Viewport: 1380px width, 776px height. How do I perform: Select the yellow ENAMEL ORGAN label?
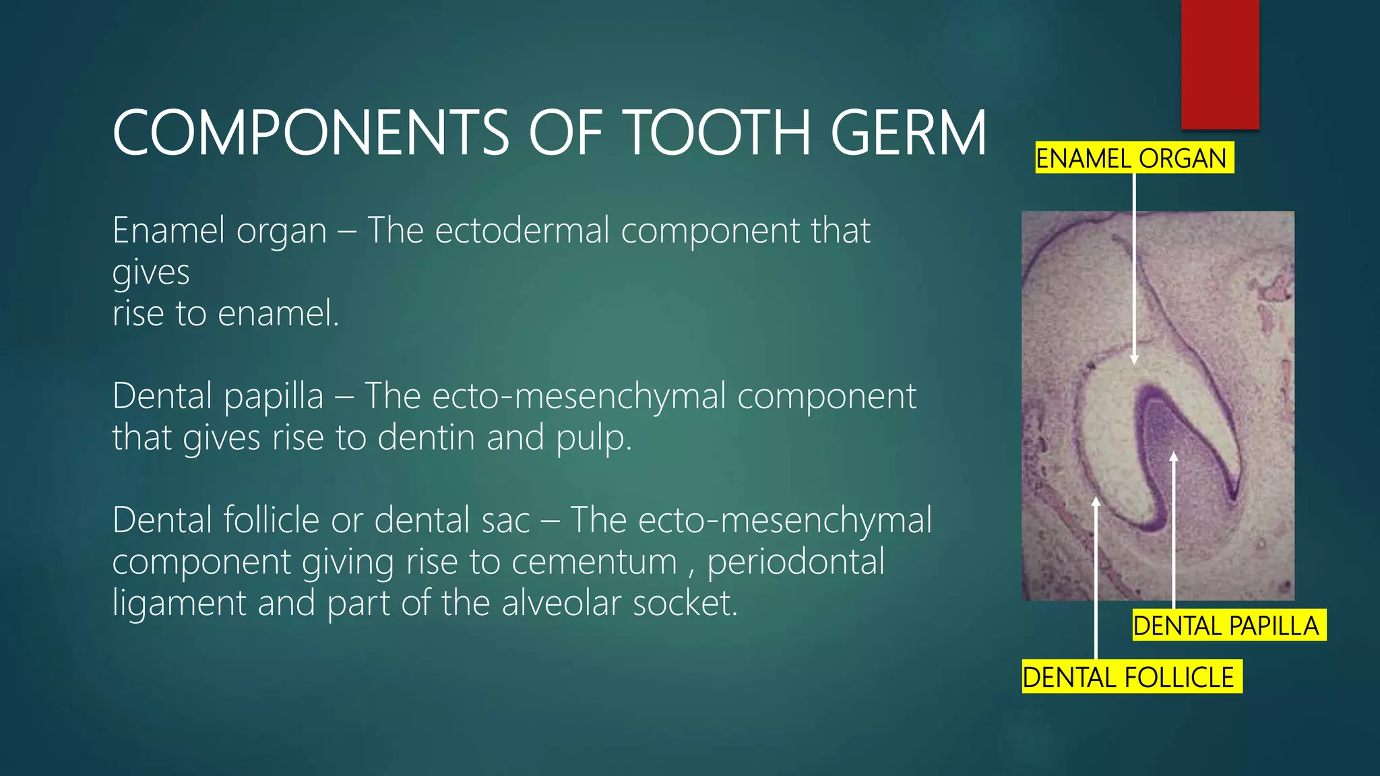1134,158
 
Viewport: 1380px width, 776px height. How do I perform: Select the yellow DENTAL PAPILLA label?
1228,625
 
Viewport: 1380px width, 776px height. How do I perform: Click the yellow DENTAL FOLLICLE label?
1131,676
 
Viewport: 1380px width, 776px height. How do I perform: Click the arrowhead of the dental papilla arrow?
1174,457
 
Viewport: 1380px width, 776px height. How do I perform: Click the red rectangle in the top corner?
1220,64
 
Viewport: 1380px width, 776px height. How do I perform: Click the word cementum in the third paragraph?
594,562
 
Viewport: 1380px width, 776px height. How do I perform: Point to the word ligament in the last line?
179,603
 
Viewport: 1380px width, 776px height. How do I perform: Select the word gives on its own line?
151,273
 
